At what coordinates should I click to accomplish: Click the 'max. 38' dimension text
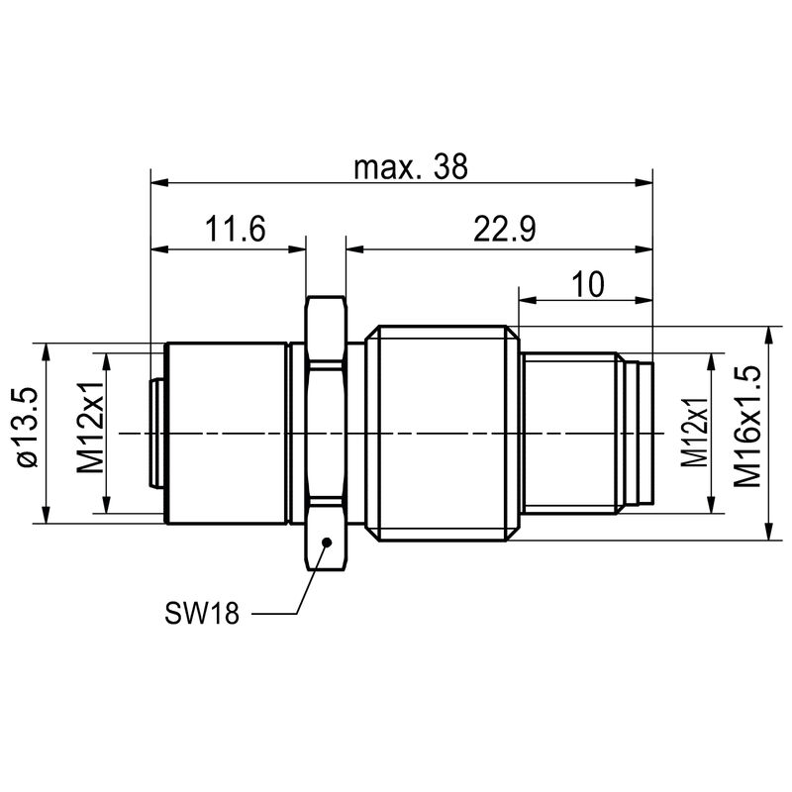click(x=410, y=167)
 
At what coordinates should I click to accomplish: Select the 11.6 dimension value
click(x=236, y=231)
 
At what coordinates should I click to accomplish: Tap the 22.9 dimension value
click(x=504, y=231)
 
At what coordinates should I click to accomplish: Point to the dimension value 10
click(x=588, y=284)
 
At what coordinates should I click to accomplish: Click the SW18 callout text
click(x=202, y=614)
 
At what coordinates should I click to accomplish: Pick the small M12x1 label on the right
click(x=696, y=433)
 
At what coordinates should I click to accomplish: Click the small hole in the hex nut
click(x=326, y=541)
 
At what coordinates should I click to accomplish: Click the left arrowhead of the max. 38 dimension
click(x=159, y=183)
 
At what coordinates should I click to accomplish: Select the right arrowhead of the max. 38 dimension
click(x=644, y=183)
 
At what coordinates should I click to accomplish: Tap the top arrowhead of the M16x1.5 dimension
click(x=768, y=335)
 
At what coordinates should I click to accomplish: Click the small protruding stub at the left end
click(x=156, y=433)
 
